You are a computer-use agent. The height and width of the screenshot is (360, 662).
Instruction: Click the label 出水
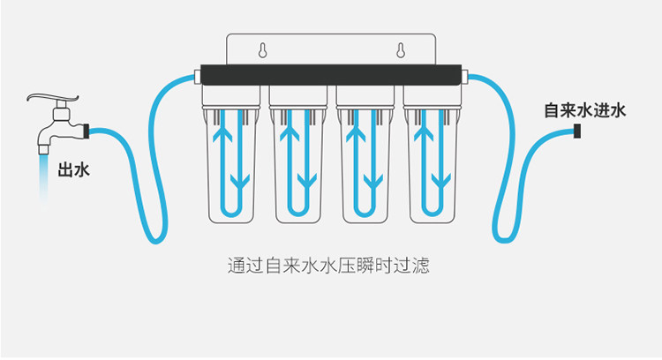[73, 169]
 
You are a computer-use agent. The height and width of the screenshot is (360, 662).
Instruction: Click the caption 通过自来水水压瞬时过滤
[328, 265]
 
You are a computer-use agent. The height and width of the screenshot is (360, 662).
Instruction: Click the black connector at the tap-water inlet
[577, 132]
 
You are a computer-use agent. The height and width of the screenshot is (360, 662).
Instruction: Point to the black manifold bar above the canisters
[330, 73]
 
